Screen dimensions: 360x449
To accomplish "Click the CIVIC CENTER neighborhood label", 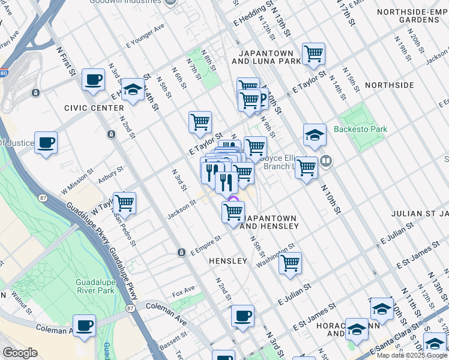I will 85,108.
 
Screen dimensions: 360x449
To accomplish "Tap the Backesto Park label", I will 360,129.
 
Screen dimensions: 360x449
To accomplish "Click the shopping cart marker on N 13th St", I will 313,55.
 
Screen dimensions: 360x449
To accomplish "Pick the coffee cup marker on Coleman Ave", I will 85,325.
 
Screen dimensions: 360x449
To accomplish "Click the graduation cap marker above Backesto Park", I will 315,136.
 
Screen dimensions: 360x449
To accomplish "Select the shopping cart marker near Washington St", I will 290,263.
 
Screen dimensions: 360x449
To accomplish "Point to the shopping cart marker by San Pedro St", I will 124,203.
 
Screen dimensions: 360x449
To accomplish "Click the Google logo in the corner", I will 20,353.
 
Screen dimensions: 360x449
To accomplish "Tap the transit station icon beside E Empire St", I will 181,253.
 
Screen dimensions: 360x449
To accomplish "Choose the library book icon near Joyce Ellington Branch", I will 326,160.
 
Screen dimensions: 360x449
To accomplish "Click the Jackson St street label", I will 182,209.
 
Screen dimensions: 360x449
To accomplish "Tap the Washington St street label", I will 276,255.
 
